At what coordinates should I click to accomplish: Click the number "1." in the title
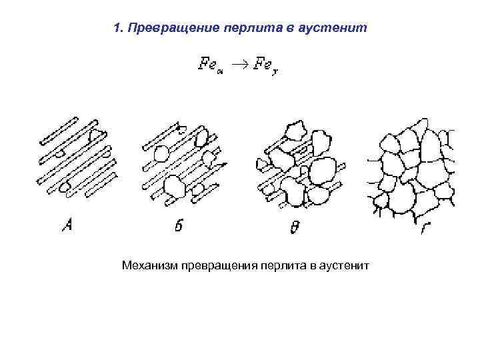tap(119, 28)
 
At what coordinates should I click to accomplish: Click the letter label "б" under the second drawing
tap(179, 226)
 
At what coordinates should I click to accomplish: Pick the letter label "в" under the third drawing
tap(295, 228)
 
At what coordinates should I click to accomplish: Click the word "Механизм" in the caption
tap(149, 267)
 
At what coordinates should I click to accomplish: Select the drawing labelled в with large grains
tap(300, 163)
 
